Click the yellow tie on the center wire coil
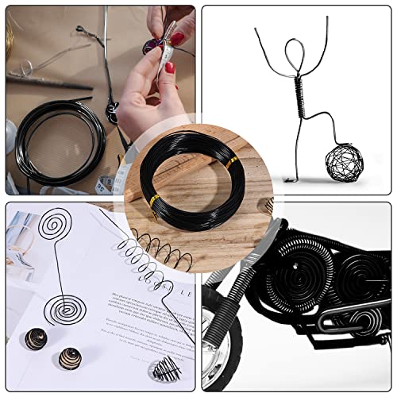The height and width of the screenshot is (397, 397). point(232,164)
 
